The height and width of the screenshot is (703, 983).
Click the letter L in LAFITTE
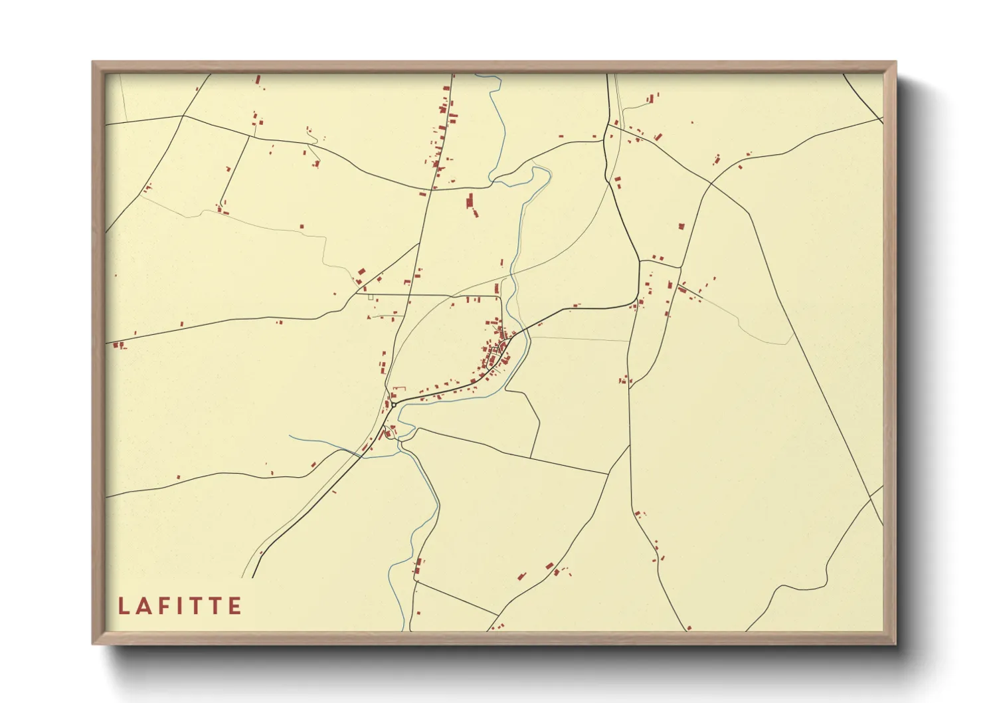(x=123, y=606)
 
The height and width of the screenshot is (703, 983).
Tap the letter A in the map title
(x=145, y=606)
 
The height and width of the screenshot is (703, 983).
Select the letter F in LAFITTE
(x=166, y=606)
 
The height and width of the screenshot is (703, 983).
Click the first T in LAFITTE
(x=197, y=606)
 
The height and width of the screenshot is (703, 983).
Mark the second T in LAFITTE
(x=217, y=606)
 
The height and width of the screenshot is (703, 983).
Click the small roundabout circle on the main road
(x=394, y=404)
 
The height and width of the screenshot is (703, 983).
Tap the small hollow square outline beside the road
(x=371, y=297)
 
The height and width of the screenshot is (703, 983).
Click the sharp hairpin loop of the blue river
(x=545, y=171)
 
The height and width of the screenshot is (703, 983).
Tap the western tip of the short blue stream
(x=290, y=436)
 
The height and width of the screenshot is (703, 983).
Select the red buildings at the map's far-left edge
(x=119, y=345)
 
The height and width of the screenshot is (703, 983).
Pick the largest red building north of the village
(x=471, y=202)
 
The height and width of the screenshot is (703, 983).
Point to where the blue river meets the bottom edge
(x=403, y=629)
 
